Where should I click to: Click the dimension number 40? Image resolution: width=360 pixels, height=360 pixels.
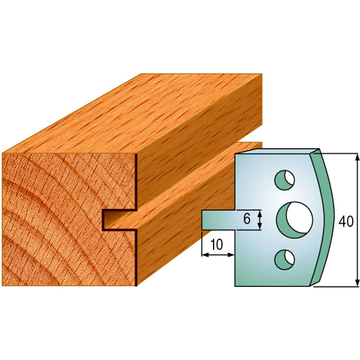tap(346, 220)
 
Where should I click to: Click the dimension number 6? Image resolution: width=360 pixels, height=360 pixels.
tap(247, 219)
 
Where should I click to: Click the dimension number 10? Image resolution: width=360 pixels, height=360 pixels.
tap(217, 244)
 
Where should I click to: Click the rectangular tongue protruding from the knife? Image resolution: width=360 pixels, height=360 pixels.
tap(217, 219)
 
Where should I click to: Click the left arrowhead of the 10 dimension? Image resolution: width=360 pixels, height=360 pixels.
tap(203, 255)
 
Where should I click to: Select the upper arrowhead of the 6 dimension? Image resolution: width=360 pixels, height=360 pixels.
tap(260, 212)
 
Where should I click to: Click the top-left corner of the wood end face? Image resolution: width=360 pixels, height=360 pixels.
tap(3, 154)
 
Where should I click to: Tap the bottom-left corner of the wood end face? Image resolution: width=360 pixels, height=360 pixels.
tap(3, 286)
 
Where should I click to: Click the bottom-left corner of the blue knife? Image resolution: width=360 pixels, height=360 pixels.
tap(235, 286)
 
